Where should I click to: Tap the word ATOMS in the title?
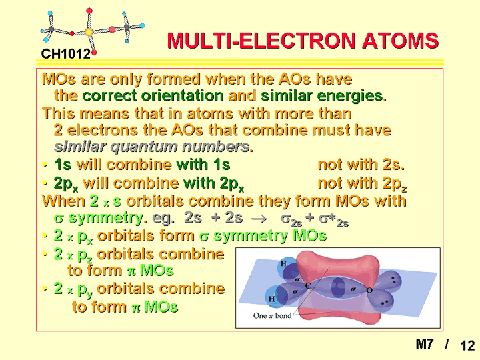click(401, 41)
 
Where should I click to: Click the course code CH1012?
click(66, 54)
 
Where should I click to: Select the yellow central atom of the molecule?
click(89, 32)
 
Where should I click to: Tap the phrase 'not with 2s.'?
click(361, 165)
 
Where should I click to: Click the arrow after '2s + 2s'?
click(259, 219)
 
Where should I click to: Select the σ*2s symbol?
click(333, 220)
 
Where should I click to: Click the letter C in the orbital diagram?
click(308, 285)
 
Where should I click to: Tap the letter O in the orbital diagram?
click(369, 290)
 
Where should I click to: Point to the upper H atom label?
click(283, 263)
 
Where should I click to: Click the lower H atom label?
click(271, 299)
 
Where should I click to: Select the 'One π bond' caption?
click(272, 315)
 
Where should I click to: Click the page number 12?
click(467, 345)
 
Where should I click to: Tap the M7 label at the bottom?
click(425, 344)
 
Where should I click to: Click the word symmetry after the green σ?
click(106, 219)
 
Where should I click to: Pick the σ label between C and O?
click(353, 289)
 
